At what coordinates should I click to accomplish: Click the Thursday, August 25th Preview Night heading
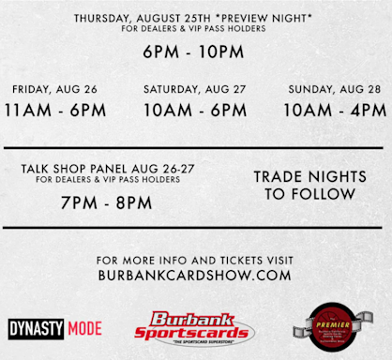195,18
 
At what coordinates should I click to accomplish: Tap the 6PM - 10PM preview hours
195,53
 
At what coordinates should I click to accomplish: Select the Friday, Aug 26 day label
54,89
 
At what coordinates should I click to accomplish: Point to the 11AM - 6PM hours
54,110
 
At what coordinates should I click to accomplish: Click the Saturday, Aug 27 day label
195,89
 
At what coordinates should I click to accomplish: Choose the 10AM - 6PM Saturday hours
195,110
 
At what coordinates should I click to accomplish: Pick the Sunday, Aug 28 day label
333,89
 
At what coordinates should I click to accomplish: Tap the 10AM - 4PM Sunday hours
333,110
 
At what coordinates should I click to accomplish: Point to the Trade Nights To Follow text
309,185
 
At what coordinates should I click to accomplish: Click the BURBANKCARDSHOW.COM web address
195,276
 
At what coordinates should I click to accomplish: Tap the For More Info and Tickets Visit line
195,259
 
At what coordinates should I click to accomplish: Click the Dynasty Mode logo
55,329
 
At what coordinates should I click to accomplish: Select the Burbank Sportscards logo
192,327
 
